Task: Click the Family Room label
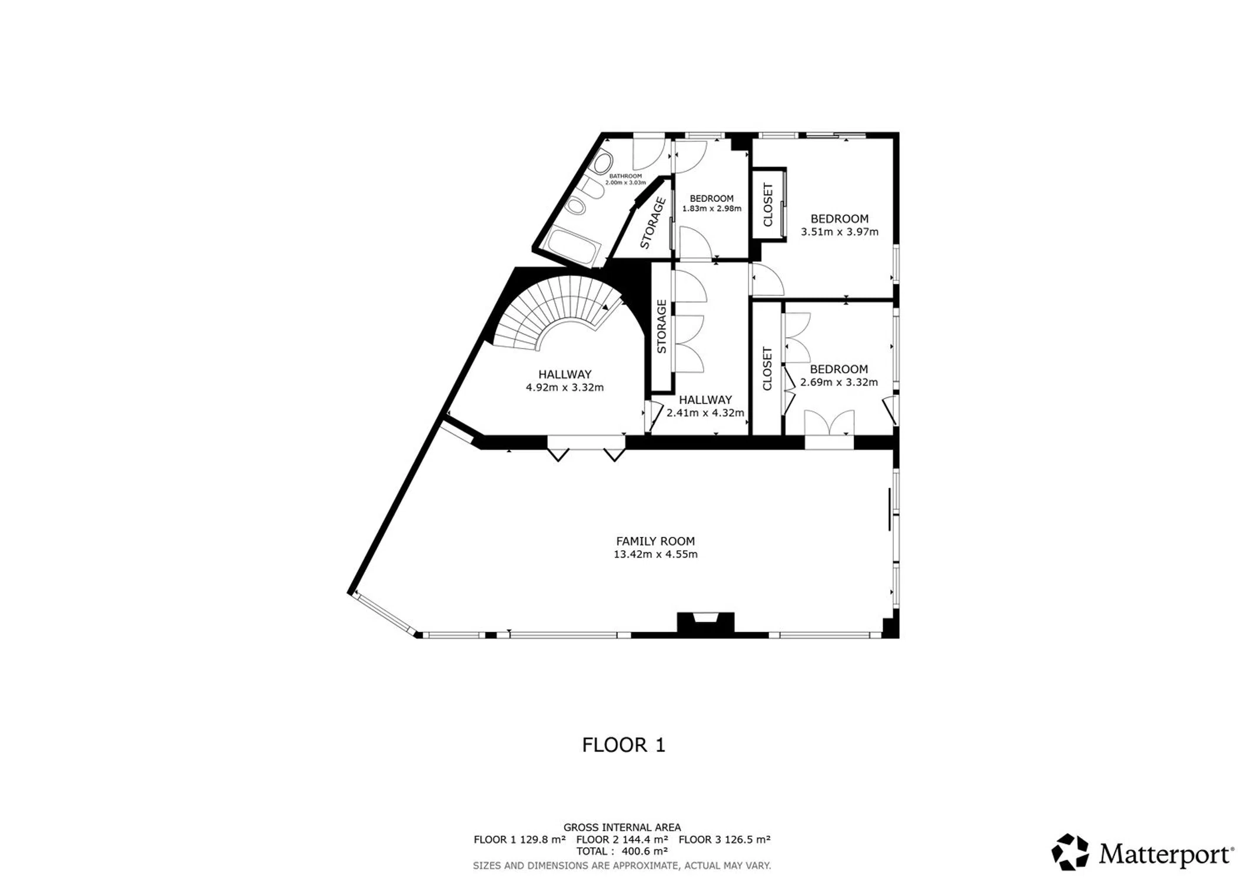[655, 541]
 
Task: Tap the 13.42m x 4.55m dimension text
[655, 555]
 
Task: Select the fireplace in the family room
[705, 623]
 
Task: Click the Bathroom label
[625, 176]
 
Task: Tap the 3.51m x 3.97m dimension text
[840, 232]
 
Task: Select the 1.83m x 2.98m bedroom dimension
[711, 208]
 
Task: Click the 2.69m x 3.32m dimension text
[839, 383]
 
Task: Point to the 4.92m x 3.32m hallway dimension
[565, 387]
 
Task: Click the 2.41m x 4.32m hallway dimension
[705, 413]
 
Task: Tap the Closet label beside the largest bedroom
[768, 205]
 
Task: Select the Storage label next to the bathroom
[653, 223]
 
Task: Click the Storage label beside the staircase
[661, 327]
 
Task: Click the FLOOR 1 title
[624, 745]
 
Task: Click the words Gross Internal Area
[622, 828]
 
